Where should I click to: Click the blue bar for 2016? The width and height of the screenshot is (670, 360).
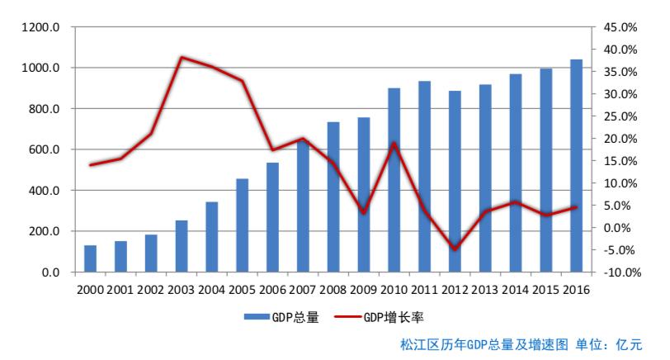pos(576,165)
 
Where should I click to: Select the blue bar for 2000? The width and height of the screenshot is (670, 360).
pos(90,258)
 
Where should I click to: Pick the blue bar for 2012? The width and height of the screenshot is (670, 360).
pos(455,182)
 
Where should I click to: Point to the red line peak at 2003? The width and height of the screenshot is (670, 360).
pos(182,57)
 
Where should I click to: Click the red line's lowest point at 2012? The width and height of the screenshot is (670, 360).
pos(455,249)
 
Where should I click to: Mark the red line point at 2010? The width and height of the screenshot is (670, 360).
pos(394,144)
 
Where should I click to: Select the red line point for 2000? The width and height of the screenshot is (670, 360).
pos(90,165)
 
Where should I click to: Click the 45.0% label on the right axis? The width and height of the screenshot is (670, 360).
pos(620,27)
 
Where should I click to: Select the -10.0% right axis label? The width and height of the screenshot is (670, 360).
pos(619,272)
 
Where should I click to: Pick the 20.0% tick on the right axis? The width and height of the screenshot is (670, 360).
pos(620,139)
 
